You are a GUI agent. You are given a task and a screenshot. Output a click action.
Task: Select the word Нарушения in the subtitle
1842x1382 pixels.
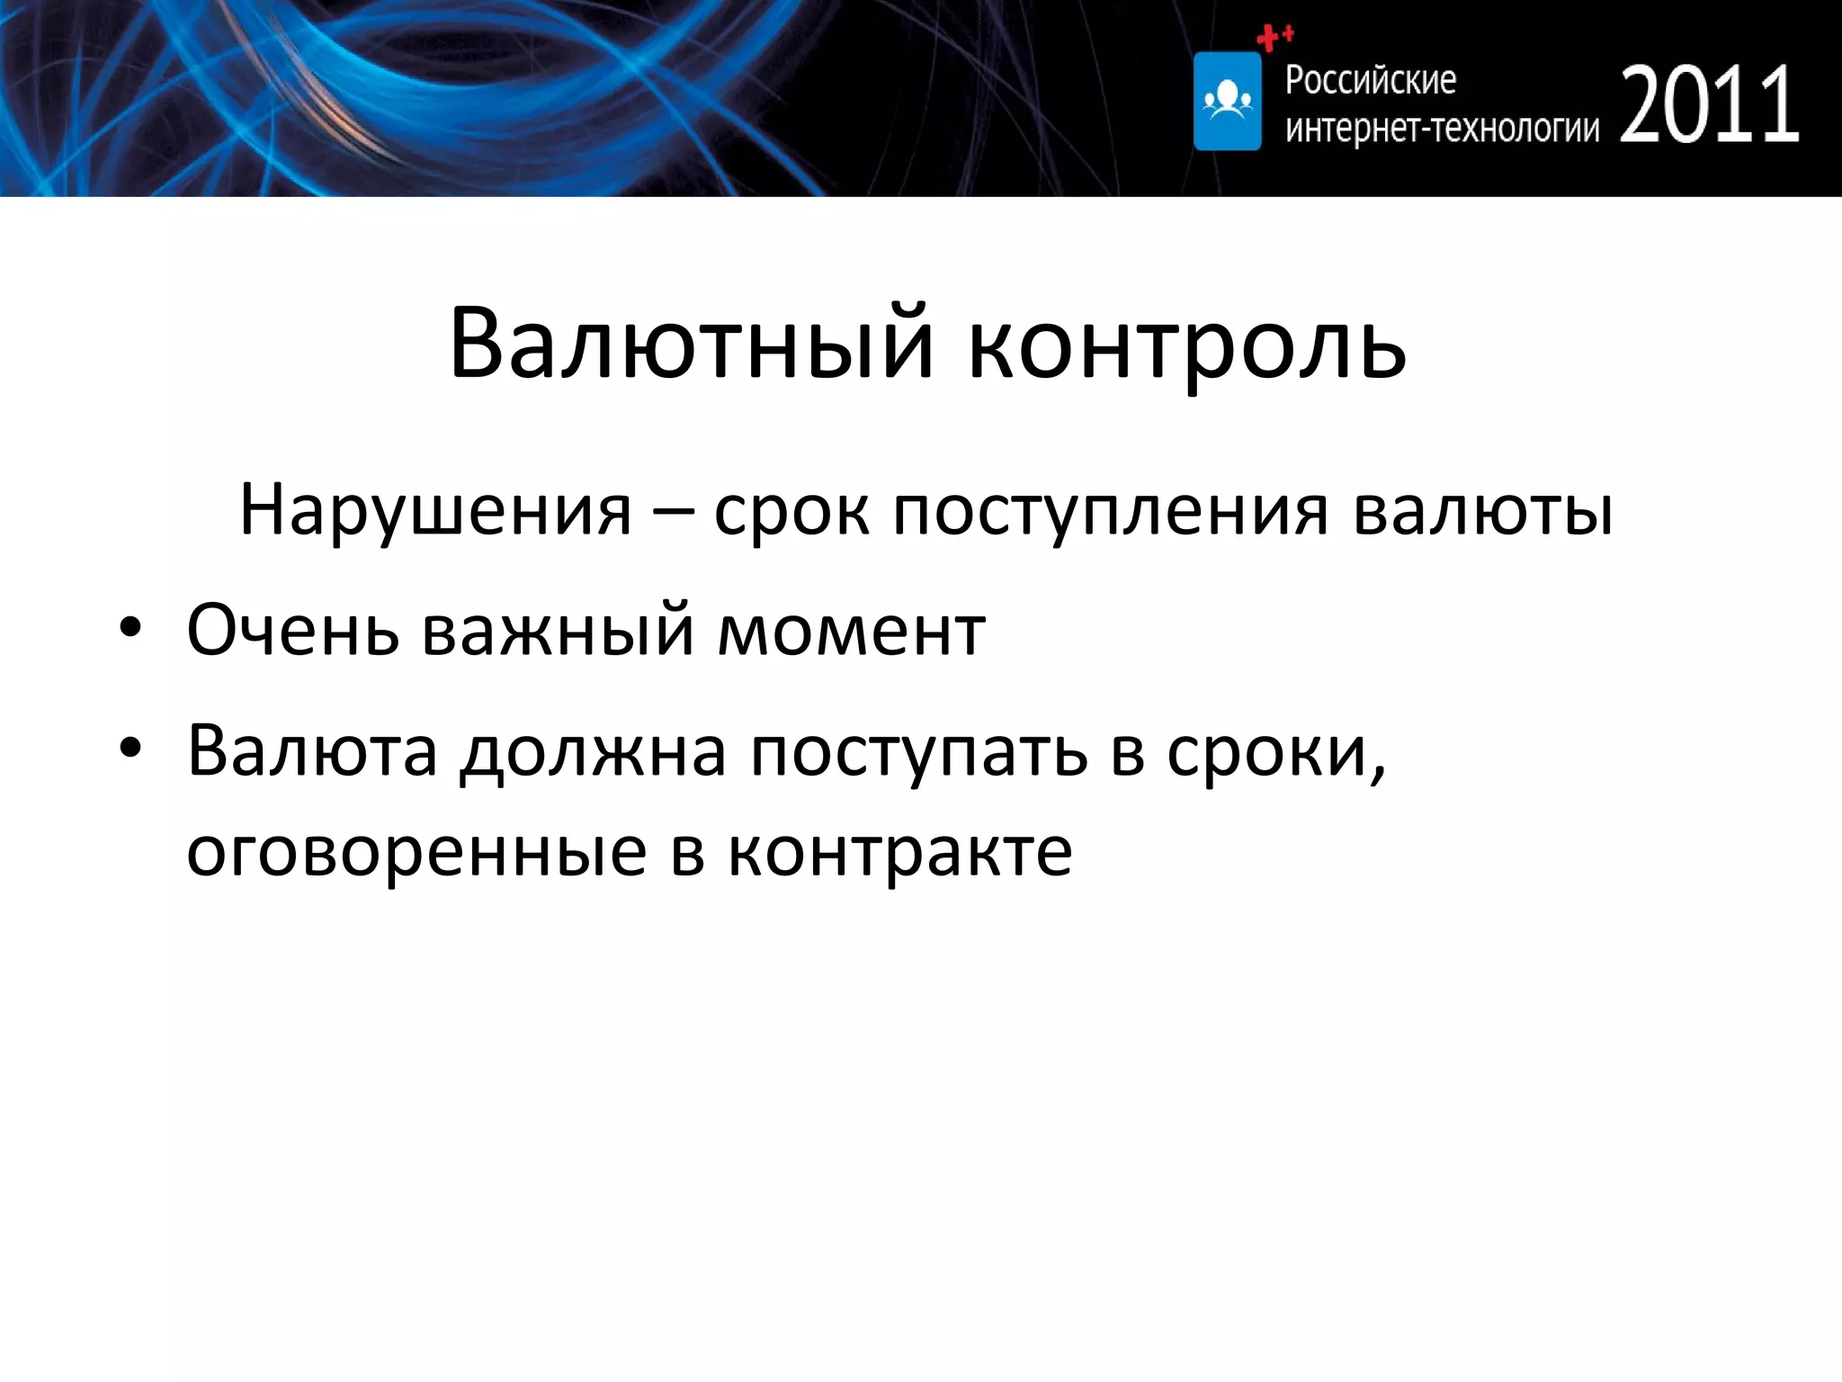point(435,511)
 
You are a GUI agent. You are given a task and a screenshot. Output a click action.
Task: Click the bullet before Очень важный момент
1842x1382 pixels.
point(131,629)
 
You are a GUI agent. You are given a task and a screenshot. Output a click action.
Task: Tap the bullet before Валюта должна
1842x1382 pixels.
point(131,749)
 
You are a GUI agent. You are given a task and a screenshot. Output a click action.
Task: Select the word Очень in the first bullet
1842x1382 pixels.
point(293,630)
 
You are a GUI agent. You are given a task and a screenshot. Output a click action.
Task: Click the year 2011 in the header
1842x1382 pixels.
point(1709,106)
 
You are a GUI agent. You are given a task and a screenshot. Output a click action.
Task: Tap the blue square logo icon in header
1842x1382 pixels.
point(1227,101)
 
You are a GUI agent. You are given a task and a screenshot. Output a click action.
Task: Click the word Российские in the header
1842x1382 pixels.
point(1370,81)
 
